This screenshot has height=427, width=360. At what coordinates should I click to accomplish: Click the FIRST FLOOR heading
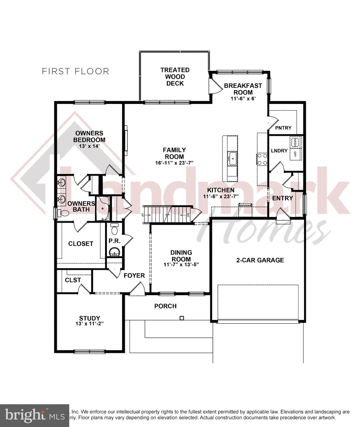75,71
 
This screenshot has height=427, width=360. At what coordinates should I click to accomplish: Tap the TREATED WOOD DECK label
175,77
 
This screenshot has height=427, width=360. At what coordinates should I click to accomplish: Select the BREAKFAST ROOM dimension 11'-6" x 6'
243,99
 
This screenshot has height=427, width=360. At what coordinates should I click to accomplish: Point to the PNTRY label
283,128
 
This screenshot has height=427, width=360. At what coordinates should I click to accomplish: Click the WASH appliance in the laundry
294,142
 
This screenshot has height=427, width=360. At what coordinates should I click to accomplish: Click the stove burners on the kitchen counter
262,159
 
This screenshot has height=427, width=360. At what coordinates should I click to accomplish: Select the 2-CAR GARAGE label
260,260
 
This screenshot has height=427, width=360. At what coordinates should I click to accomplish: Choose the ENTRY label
282,198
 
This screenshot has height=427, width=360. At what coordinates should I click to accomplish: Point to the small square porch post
182,318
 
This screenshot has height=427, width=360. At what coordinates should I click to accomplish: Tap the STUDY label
89,318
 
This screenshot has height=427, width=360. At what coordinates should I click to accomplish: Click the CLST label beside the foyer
73,280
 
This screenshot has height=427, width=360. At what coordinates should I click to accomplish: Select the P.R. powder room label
114,241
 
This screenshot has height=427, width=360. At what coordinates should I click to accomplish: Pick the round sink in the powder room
114,252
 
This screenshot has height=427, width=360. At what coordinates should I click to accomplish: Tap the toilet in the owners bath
64,213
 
